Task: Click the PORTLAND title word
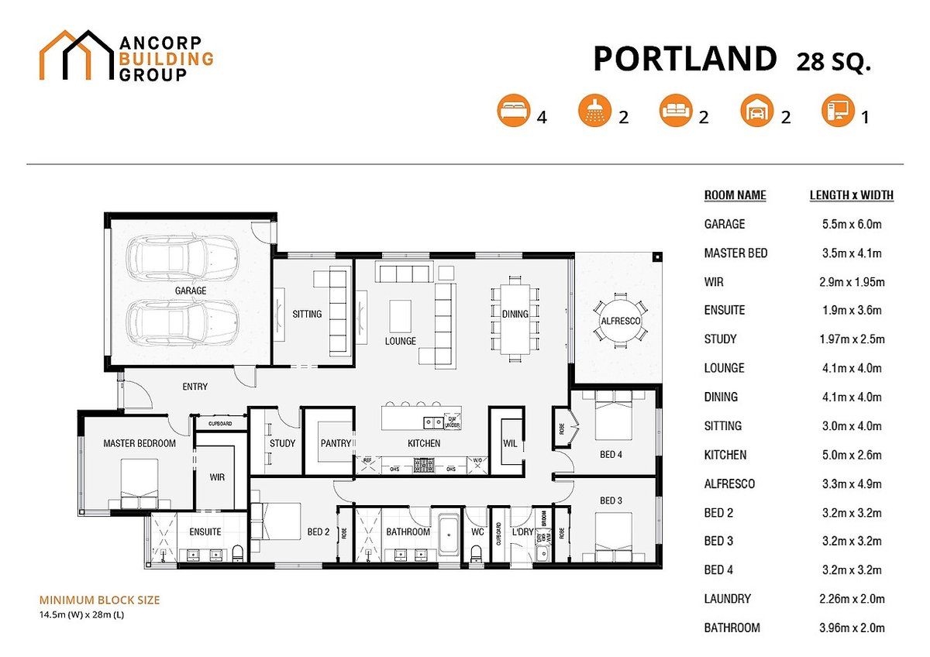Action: pyautogui.click(x=684, y=59)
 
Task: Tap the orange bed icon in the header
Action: pyautogui.click(x=512, y=112)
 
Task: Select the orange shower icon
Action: pyautogui.click(x=594, y=112)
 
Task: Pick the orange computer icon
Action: pyautogui.click(x=837, y=112)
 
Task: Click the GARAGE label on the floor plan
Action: pyautogui.click(x=190, y=291)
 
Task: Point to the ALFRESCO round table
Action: pyautogui.click(x=620, y=320)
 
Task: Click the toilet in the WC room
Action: pyautogui.click(x=477, y=553)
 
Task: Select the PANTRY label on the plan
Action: pyautogui.click(x=335, y=444)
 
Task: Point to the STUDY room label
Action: pyautogui.click(x=282, y=444)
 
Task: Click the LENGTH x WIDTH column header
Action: pyautogui.click(x=851, y=196)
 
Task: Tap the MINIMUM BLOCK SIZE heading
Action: pyautogui.click(x=99, y=600)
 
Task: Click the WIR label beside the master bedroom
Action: pyautogui.click(x=217, y=478)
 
